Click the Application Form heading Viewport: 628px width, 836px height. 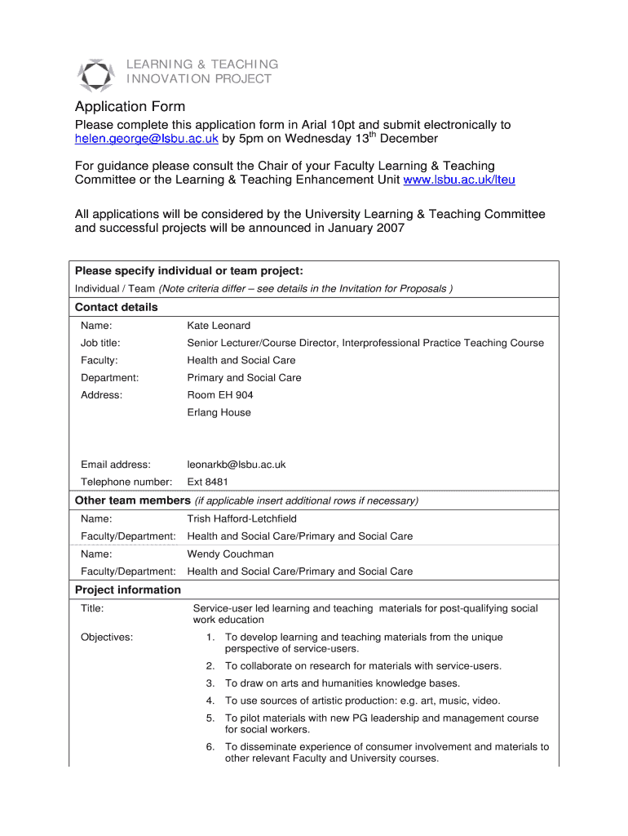click(130, 107)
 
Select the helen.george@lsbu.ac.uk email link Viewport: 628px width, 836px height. click(147, 140)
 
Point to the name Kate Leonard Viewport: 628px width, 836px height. click(219, 325)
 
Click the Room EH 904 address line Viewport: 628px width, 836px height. click(220, 395)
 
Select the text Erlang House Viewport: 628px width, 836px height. click(219, 412)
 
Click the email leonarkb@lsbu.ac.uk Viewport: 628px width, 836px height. click(237, 465)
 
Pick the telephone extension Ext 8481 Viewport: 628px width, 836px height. click(208, 482)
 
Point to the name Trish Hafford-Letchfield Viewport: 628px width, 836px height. click(242, 518)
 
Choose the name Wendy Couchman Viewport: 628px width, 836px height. click(231, 554)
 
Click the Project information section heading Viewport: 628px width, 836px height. click(128, 590)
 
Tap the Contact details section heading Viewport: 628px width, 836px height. click(117, 308)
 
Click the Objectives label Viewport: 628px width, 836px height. click(107, 637)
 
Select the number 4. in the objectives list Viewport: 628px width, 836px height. click(210, 700)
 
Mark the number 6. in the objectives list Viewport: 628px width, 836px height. click(210, 747)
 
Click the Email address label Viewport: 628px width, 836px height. click(116, 465)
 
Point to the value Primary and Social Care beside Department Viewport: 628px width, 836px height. click(245, 378)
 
